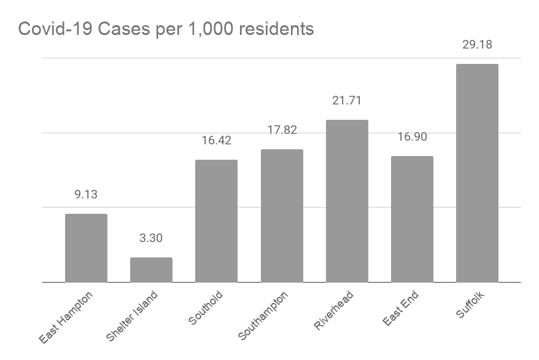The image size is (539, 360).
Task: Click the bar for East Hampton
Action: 86,248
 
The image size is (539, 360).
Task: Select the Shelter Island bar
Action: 151,270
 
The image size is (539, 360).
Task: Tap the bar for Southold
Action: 216,221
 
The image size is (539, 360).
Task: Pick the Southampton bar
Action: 282,216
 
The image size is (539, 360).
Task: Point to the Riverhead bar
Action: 347,201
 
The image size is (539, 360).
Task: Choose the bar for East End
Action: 412,219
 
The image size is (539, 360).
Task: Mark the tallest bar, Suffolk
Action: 477,173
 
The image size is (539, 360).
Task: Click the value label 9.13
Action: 86,195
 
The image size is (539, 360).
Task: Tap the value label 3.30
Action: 151,238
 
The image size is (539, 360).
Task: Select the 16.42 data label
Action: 216,141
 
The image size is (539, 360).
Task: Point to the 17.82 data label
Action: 282,130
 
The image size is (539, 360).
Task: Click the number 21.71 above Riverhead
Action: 347,101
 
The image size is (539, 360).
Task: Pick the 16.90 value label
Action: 412,137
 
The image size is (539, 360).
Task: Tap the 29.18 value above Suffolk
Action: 477,45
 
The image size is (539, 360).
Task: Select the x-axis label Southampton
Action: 262,316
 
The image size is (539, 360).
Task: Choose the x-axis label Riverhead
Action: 334,311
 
